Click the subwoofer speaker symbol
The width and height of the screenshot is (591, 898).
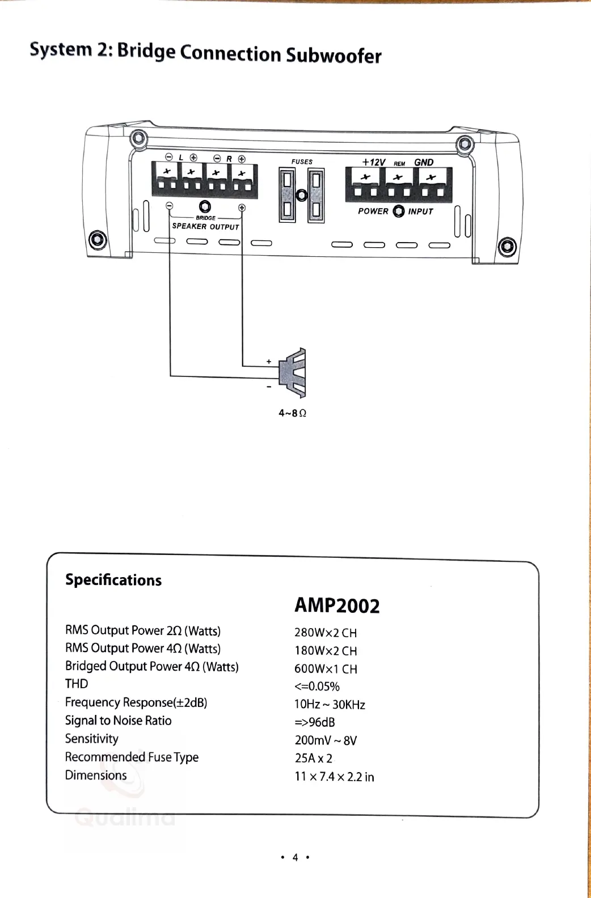tap(295, 372)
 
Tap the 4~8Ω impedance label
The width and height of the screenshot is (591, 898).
tap(292, 413)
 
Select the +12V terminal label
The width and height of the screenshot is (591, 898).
tap(374, 162)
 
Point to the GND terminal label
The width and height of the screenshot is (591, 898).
tap(424, 162)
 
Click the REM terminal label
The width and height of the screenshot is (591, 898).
tap(399, 164)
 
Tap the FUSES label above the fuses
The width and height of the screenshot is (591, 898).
tap(302, 162)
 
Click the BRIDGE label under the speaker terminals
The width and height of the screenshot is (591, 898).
tap(205, 218)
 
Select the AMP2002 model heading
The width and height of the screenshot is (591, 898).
tap(337, 605)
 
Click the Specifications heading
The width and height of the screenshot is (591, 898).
tap(113, 580)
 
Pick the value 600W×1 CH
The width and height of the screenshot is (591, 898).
tap(326, 669)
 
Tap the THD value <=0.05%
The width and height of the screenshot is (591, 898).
tap(316, 687)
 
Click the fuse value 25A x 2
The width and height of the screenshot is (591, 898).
tap(313, 759)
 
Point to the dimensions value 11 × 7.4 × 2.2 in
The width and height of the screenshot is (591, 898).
tap(334, 777)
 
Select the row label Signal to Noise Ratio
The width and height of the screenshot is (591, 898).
tap(118, 721)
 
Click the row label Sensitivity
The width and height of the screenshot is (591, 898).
tap(92, 739)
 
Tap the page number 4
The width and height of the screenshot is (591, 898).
tap(295, 857)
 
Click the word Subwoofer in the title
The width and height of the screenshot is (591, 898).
tap(334, 56)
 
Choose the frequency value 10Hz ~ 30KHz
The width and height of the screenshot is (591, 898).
tap(330, 705)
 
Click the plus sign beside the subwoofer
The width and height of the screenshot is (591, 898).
tap(269, 362)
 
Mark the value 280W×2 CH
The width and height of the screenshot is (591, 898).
tap(326, 633)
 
